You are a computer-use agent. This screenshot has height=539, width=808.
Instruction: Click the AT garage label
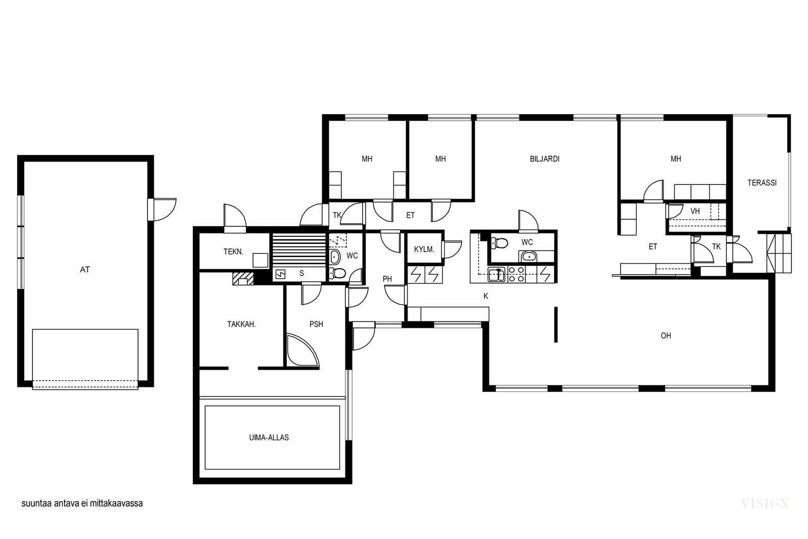point(85,270)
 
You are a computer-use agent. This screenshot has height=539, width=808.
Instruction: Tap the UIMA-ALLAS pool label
point(269,437)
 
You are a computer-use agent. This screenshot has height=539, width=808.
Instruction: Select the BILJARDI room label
point(545,159)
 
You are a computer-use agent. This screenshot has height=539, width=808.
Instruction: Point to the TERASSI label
point(762,183)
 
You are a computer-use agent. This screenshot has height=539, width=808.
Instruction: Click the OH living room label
point(666,336)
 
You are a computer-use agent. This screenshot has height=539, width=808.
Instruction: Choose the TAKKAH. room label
point(241,324)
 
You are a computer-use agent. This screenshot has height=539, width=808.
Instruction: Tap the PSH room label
point(316,324)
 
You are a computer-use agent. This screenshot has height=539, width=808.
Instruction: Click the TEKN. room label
point(233,252)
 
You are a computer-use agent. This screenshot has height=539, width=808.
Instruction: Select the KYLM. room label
point(424,250)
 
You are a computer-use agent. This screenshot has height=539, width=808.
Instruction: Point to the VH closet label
point(695,212)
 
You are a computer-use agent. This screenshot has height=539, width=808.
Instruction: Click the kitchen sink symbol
point(497,274)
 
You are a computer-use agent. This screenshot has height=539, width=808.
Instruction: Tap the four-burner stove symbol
point(516,274)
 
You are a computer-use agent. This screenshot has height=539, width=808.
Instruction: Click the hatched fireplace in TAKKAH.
point(243,279)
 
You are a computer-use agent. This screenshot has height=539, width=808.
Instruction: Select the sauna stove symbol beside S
point(280,274)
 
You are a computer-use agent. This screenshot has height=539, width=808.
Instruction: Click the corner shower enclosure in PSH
point(302,350)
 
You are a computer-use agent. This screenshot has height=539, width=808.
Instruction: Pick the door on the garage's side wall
point(162,209)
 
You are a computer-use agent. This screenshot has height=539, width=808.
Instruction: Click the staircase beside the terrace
point(779,253)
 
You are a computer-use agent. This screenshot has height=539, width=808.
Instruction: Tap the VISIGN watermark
point(765,503)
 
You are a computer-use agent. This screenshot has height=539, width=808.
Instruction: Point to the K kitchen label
point(486,296)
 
